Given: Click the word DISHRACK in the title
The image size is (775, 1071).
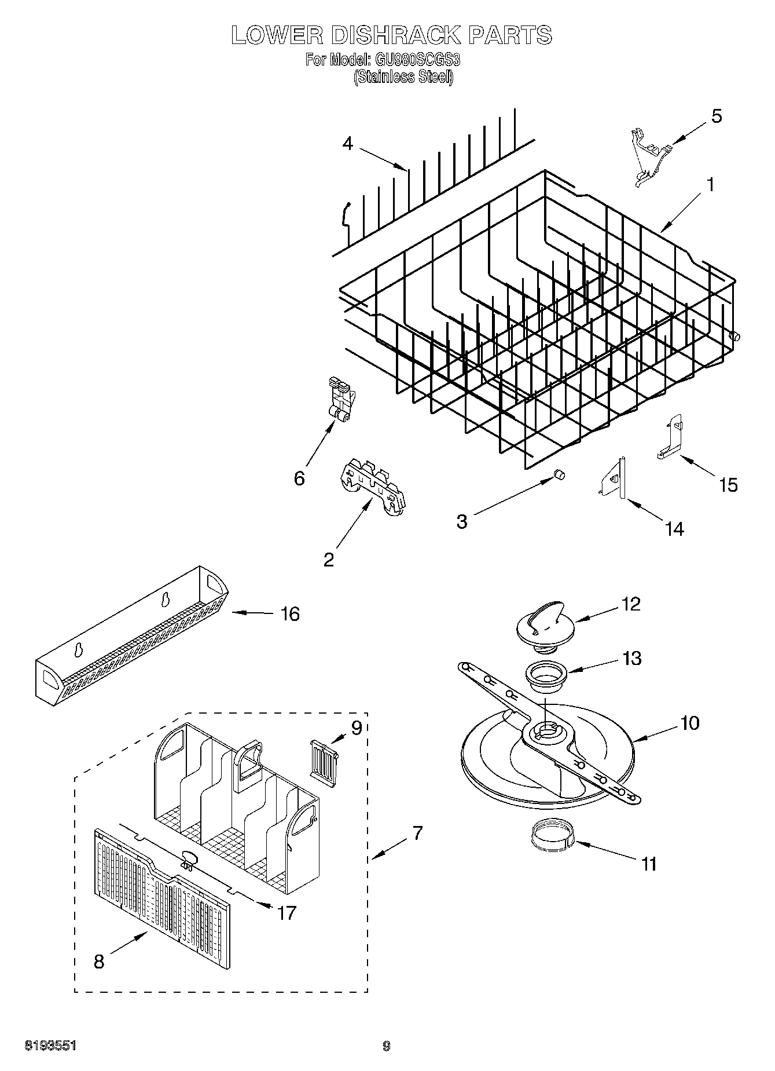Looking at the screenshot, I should tap(393, 35).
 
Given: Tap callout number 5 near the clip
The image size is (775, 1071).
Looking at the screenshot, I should tap(716, 116).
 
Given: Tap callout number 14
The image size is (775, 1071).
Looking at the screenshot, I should tap(675, 528).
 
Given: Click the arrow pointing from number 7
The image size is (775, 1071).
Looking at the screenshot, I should tap(388, 850).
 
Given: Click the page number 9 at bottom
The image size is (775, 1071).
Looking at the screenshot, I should tap(387, 1046).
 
